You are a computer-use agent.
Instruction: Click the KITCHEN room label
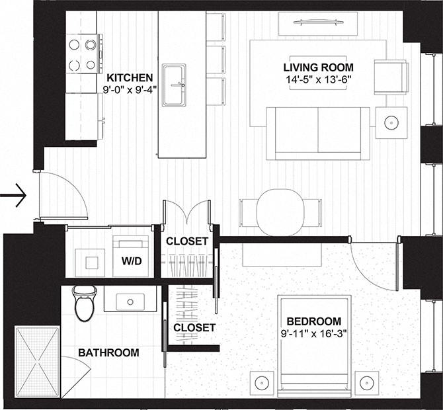[130, 77]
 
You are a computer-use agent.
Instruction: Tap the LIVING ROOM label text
[318, 67]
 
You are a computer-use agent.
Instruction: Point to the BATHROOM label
[108, 352]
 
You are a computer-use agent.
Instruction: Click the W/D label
[130, 261]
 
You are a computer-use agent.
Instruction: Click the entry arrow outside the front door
[13, 195]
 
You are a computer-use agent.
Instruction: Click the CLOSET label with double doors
[186, 241]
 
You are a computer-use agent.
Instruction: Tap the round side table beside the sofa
[392, 122]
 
